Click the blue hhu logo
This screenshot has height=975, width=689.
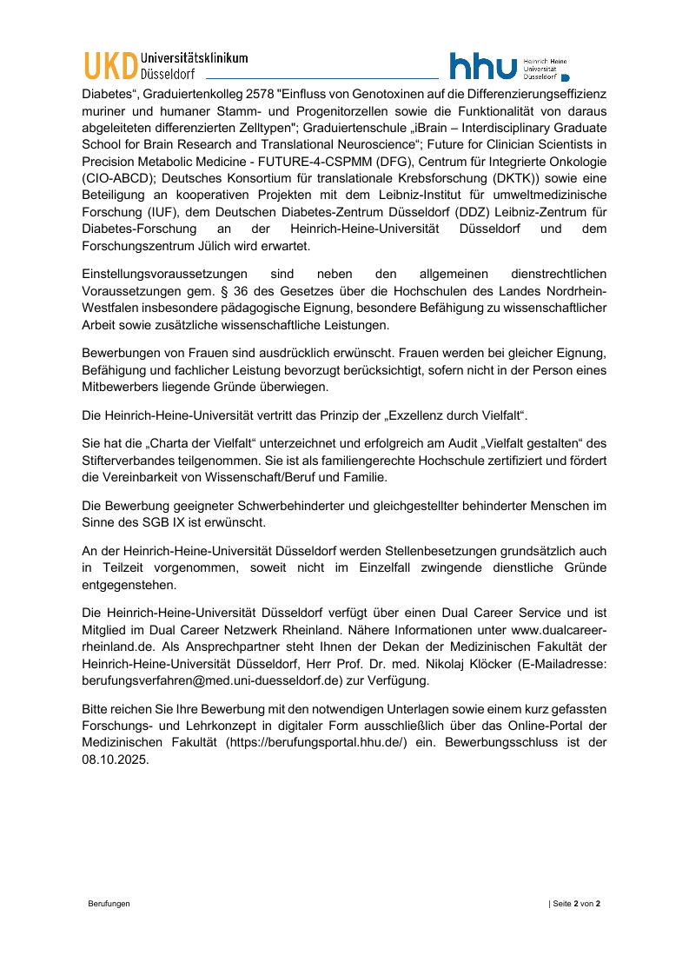point(483,67)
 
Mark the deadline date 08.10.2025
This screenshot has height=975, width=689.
point(116,758)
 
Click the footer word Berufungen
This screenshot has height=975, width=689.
point(109,905)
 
